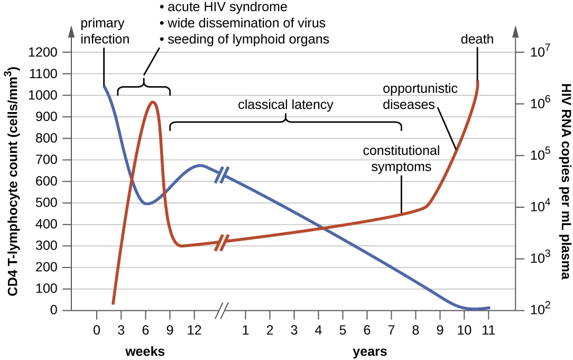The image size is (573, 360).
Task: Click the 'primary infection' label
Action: pyautogui.click(x=104, y=31)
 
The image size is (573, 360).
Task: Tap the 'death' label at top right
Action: pyautogui.click(x=477, y=39)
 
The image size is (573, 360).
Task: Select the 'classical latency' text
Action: pyautogui.click(x=285, y=105)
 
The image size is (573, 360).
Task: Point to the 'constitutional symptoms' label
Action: pyautogui.click(x=401, y=159)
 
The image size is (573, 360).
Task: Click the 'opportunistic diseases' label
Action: pyautogui.click(x=420, y=96)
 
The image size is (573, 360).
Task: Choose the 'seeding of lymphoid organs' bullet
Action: pyautogui.click(x=247, y=39)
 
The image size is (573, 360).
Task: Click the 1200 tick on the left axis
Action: pyautogui.click(x=46, y=53)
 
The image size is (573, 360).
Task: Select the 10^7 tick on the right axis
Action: pyautogui.click(x=540, y=52)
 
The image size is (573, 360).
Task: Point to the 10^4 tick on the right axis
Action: pyautogui.click(x=540, y=207)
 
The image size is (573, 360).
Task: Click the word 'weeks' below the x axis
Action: pyautogui.click(x=145, y=352)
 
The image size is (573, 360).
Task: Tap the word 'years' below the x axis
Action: pyautogui.click(x=369, y=352)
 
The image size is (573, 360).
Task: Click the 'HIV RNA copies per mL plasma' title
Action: pyautogui.click(x=564, y=181)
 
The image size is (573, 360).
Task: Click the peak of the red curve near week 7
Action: pyautogui.click(x=152, y=102)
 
